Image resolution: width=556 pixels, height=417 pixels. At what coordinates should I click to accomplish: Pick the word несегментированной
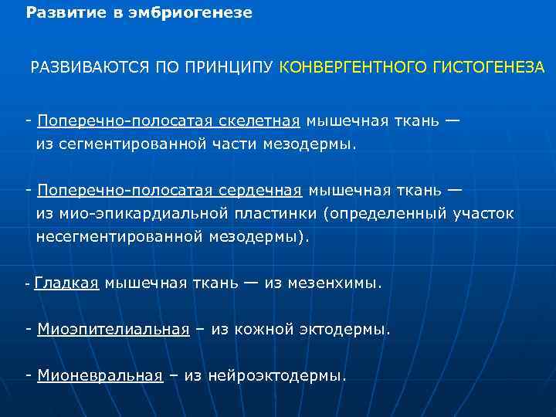tap(119, 237)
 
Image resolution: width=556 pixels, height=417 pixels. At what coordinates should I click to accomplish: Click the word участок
tap(481, 214)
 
